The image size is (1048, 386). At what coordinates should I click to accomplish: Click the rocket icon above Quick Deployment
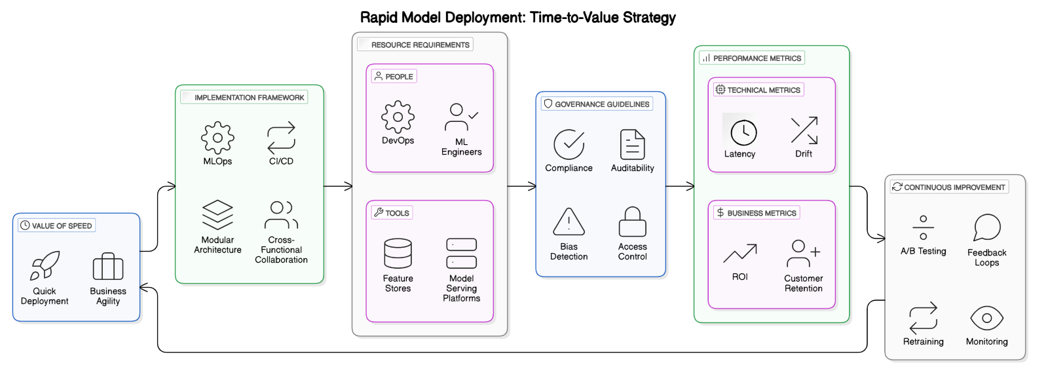[45, 265]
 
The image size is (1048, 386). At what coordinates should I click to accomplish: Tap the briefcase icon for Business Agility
[108, 267]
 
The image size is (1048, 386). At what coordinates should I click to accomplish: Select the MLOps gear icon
[217, 138]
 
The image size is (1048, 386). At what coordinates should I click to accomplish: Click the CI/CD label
[281, 161]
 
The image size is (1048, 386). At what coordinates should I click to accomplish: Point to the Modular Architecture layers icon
[217, 215]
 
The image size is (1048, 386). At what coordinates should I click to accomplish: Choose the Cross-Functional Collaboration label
[281, 250]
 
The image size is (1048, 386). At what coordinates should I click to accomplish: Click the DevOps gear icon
[398, 117]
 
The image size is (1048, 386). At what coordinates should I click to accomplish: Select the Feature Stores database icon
[398, 254]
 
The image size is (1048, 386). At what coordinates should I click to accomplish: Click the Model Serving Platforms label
[461, 288]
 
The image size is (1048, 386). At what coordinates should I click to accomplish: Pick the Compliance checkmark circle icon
[569, 144]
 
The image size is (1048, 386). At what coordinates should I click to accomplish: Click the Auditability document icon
[632, 144]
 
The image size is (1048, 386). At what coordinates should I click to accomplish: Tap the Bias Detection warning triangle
[569, 222]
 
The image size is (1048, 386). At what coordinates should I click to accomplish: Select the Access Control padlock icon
[632, 222]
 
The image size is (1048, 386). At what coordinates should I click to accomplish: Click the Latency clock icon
[743, 133]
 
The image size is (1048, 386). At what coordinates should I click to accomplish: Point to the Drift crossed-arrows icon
[804, 130]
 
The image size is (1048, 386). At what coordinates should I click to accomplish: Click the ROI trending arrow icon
[739, 254]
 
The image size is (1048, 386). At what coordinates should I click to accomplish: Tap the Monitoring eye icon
[986, 318]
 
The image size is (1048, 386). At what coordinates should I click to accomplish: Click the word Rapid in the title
[379, 18]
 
